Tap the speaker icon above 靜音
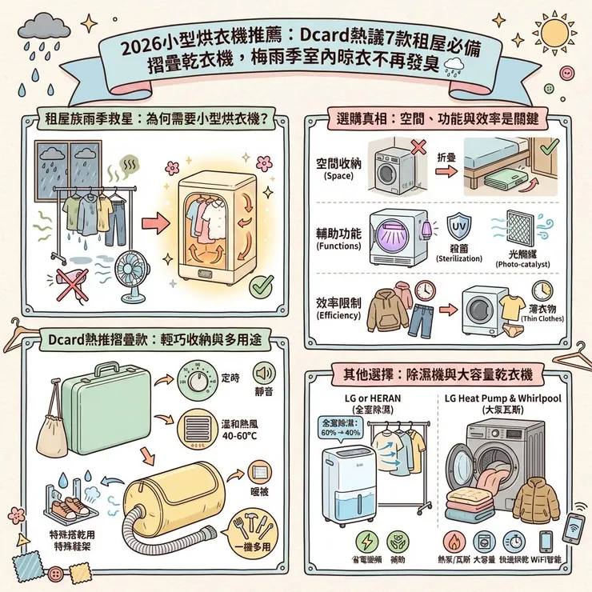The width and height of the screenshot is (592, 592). tap(265, 374)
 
